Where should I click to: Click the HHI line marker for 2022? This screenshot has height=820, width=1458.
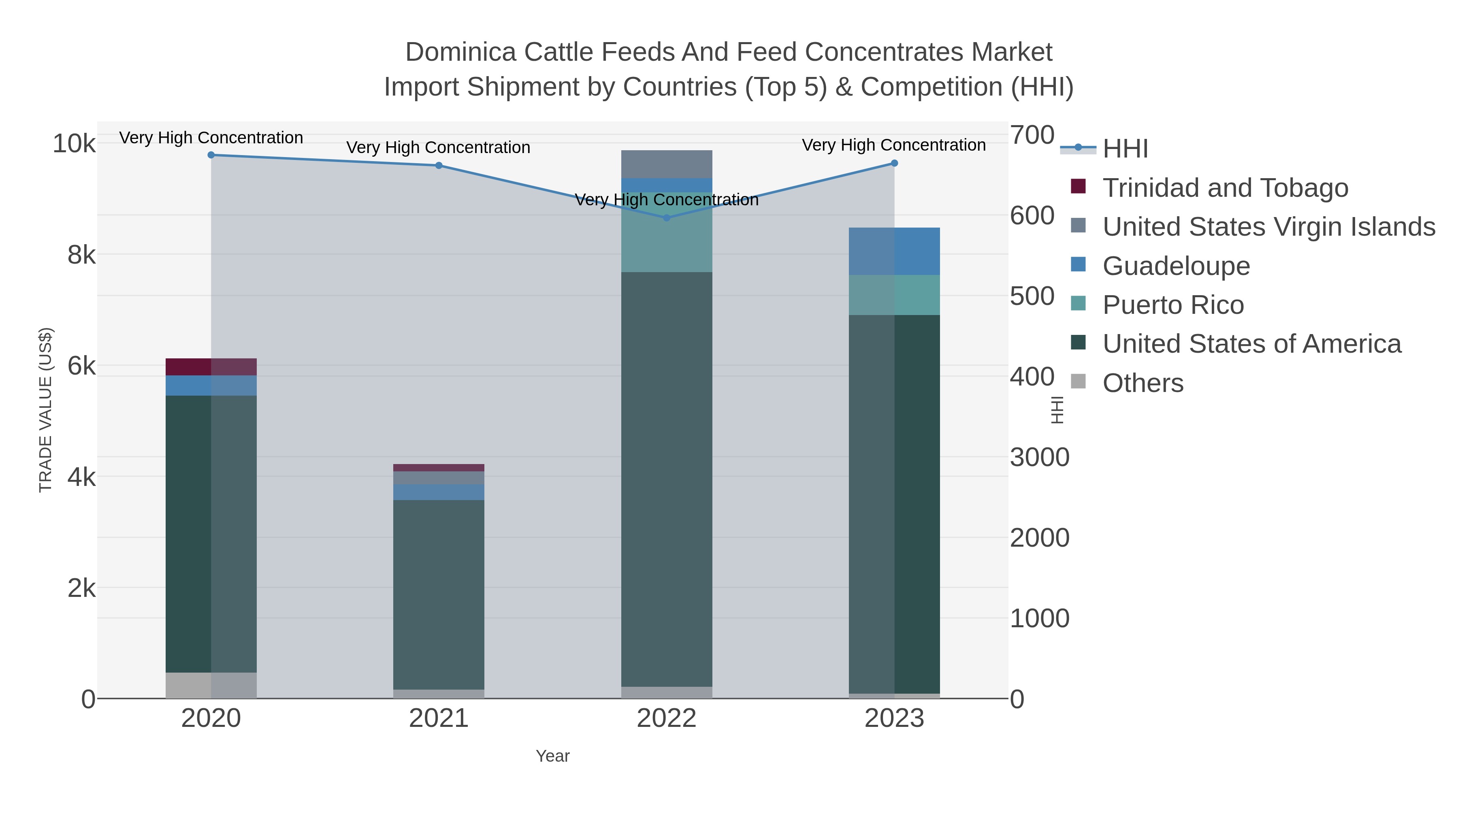(x=666, y=217)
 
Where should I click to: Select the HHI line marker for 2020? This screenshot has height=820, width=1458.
(x=211, y=155)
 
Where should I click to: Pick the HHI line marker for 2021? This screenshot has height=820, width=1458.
(x=439, y=166)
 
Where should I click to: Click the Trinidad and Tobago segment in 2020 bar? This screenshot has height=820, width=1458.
(x=211, y=367)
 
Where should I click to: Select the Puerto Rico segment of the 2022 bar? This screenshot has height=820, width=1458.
(x=666, y=232)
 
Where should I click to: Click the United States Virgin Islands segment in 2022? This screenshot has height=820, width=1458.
(x=666, y=164)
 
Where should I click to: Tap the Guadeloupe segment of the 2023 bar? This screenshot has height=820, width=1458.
(x=894, y=251)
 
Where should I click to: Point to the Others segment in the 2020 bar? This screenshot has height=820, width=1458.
(x=211, y=685)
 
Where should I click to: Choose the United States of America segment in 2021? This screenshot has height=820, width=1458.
(x=439, y=594)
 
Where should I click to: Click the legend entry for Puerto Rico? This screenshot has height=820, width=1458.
(x=1173, y=305)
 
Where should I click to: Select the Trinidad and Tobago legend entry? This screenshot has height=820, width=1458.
(x=1225, y=188)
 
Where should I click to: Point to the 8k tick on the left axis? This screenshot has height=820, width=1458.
(x=81, y=255)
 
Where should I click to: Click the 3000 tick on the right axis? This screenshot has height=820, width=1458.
(x=1040, y=457)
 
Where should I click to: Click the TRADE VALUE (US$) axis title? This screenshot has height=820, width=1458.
(x=46, y=410)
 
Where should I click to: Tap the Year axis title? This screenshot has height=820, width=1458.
(x=552, y=756)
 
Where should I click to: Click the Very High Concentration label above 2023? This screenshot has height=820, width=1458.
(x=894, y=145)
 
